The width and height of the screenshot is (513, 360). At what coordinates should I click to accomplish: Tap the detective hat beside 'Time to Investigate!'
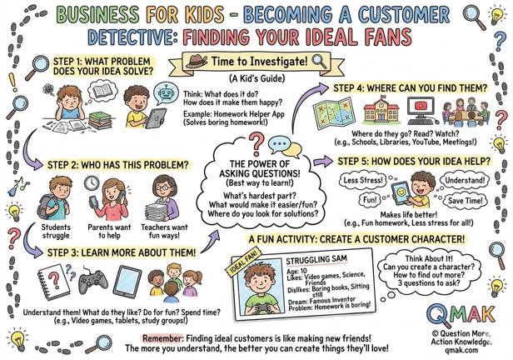point(195,61)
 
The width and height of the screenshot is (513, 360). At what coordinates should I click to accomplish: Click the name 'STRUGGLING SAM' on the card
point(311,261)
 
